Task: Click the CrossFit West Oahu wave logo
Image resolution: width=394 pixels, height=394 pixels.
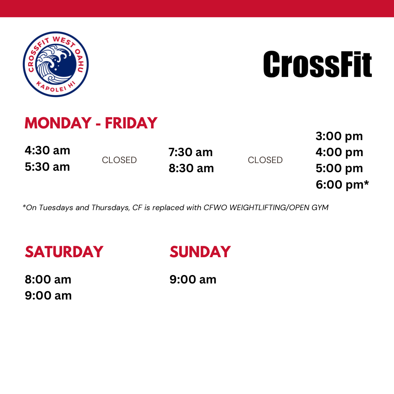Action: coord(55,64)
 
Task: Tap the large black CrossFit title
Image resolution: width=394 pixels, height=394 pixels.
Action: coord(318,64)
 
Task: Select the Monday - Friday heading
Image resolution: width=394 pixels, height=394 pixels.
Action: coord(91,123)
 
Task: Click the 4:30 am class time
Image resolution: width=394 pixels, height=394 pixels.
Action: coord(47,151)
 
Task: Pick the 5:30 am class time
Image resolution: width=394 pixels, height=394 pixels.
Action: coord(47,167)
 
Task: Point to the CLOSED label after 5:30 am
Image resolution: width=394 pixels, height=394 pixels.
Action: coord(119,160)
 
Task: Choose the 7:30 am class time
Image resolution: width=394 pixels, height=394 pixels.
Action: coord(190,152)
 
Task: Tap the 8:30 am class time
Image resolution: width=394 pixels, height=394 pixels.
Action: coord(191,168)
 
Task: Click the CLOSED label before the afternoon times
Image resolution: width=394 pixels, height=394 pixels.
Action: coord(265,160)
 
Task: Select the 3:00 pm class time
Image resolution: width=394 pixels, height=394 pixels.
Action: coord(339,136)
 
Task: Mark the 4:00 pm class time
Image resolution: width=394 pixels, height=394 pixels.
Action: coord(340,152)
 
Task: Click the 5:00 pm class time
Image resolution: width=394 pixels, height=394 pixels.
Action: coord(339,169)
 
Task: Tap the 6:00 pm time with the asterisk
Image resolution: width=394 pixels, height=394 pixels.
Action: coord(342,185)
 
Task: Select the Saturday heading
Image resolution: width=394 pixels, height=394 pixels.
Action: coord(64,252)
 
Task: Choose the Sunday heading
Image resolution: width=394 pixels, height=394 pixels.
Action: coord(200,252)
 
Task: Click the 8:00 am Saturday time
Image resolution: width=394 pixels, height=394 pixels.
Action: coord(48,280)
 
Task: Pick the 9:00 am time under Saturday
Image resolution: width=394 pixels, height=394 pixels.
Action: coord(48,296)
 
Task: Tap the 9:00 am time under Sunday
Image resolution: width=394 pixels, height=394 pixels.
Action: coord(193,280)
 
